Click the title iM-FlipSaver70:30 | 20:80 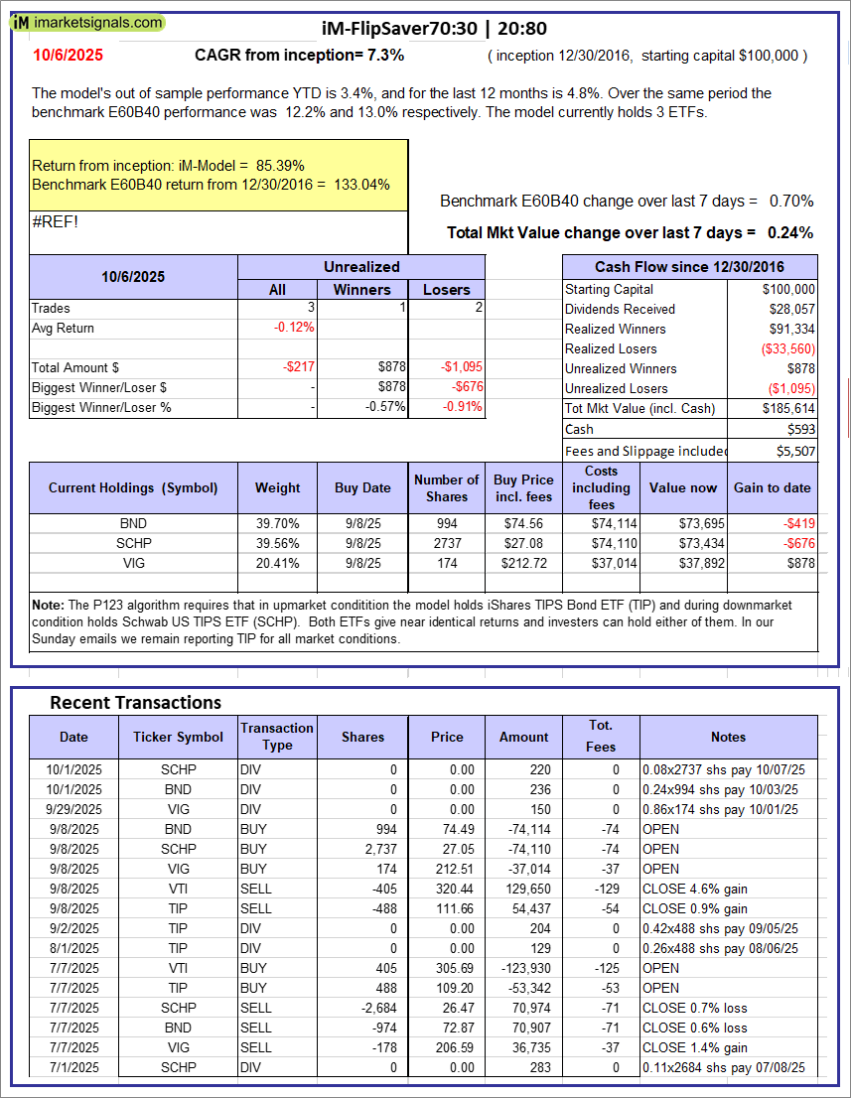(x=434, y=29)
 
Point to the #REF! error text (x=55, y=221)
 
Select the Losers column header (x=447, y=289)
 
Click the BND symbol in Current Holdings (x=132, y=523)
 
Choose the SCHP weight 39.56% (x=277, y=543)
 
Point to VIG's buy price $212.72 (x=523, y=563)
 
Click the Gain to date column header (x=773, y=487)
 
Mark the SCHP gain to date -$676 (x=797, y=543)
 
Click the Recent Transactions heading (x=136, y=702)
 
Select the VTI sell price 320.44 (x=447, y=889)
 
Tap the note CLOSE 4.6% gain (x=695, y=889)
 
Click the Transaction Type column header (x=277, y=737)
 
